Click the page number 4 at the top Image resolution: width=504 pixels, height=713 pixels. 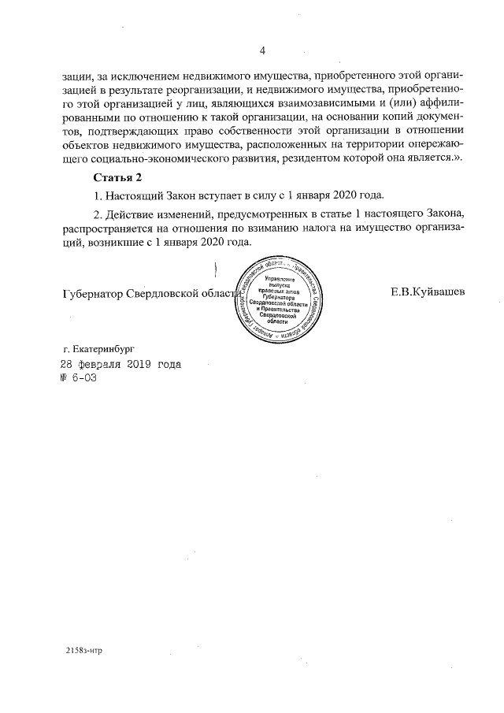(x=261, y=51)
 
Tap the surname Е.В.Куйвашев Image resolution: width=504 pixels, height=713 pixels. (x=428, y=292)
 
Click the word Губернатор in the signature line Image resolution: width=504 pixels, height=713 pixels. (x=93, y=292)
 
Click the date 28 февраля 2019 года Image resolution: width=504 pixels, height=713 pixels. (x=120, y=364)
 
